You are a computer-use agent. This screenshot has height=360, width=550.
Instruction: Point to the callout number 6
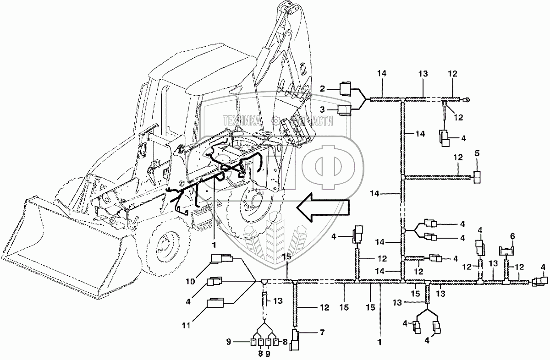[x=512, y=236]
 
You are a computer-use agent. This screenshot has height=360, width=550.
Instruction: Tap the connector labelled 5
[x=478, y=176]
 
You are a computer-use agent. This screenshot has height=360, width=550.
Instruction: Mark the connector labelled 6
[x=506, y=250]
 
